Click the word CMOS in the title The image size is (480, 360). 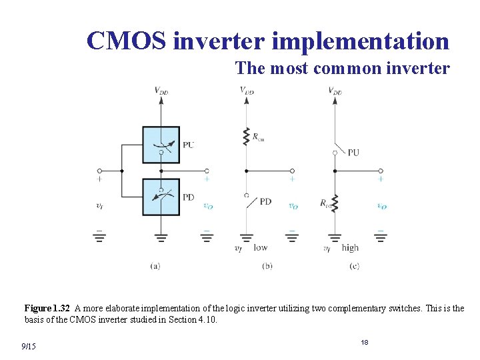(x=127, y=41)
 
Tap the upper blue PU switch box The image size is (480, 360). (x=161, y=145)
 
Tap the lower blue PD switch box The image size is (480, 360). (x=161, y=197)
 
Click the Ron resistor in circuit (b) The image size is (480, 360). (x=247, y=136)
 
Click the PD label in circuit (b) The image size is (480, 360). (x=265, y=201)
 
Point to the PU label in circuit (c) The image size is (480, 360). (x=353, y=152)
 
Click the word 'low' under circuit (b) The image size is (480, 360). (x=260, y=247)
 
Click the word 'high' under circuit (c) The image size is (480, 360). (x=350, y=247)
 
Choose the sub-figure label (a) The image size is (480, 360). (x=155, y=265)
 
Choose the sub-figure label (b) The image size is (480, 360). (x=267, y=265)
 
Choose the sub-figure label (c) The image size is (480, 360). (x=354, y=265)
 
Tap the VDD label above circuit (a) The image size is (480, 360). (x=161, y=91)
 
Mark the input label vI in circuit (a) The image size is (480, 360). (x=99, y=206)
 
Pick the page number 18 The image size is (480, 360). (x=365, y=342)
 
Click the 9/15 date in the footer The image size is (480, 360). (x=29, y=346)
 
